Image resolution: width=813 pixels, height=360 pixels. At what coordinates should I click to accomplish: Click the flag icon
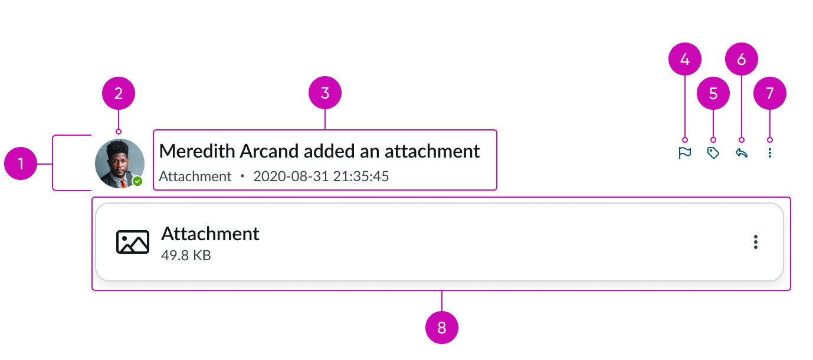(x=684, y=153)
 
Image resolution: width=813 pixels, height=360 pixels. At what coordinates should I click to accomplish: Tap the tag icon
(x=713, y=153)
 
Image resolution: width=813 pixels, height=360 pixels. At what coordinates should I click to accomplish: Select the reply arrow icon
(x=742, y=153)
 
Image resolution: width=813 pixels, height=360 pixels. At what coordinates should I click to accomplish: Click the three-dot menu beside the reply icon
(x=770, y=153)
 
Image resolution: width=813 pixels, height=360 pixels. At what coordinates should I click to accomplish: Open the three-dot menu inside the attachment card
(x=756, y=242)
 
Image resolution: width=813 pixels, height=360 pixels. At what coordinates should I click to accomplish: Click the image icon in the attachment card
(x=133, y=242)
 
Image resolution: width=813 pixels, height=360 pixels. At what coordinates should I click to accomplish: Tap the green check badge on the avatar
(x=137, y=181)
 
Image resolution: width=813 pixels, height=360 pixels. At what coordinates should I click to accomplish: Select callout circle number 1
(x=21, y=163)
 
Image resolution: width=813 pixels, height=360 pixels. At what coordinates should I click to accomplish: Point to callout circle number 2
(x=119, y=93)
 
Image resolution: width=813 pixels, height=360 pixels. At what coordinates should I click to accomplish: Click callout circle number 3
(x=325, y=93)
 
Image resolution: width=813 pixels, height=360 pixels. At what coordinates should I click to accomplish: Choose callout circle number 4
(x=685, y=59)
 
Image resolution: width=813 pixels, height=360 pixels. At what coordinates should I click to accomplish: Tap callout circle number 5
(x=713, y=93)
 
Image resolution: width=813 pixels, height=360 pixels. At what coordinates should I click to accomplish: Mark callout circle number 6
(x=742, y=59)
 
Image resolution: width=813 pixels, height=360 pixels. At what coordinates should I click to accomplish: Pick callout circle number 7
(x=770, y=93)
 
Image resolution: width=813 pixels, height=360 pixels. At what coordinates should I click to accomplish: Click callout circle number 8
(x=442, y=328)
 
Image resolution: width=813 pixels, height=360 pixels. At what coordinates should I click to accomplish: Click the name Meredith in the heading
(x=197, y=151)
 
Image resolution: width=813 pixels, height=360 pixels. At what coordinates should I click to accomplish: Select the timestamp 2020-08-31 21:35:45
(x=321, y=176)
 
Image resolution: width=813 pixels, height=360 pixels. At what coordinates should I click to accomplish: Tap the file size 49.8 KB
(x=186, y=256)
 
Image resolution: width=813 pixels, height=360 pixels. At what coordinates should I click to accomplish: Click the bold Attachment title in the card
(x=210, y=234)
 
